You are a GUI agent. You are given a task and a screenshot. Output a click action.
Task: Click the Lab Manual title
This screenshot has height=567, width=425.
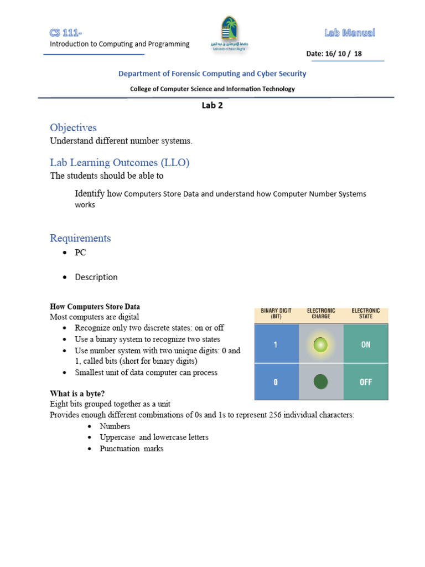tap(350, 33)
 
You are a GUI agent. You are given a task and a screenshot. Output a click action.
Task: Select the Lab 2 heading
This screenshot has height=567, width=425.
tap(212, 106)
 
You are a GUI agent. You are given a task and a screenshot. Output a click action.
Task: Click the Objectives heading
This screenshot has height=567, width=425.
tap(73, 128)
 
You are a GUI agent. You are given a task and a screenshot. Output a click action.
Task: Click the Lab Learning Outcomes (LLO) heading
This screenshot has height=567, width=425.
tap(120, 163)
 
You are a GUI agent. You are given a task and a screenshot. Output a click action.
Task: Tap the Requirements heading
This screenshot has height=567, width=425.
tap(80, 238)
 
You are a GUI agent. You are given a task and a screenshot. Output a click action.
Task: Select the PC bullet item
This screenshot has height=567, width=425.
tap(81, 252)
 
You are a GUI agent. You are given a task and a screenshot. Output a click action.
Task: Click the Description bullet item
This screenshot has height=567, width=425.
tap(96, 277)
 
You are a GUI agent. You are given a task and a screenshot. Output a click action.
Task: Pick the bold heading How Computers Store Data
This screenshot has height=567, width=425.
tap(95, 306)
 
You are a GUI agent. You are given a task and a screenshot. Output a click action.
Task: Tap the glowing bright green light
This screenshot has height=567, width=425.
tap(321, 345)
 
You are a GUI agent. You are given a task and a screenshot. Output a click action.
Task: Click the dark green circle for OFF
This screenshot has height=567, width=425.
tap(321, 382)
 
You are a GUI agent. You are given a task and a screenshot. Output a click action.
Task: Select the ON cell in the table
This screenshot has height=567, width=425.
tap(366, 344)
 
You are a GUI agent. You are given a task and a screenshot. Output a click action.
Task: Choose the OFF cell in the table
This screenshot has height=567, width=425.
tap(366, 382)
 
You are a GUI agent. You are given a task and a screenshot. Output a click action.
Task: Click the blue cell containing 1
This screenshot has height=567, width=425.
tap(276, 344)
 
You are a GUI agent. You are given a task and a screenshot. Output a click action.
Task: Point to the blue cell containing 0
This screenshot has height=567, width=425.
tap(276, 382)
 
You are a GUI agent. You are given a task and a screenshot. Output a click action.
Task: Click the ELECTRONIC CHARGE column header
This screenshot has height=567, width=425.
tap(321, 314)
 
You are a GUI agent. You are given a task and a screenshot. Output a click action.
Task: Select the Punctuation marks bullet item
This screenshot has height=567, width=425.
tap(131, 449)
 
